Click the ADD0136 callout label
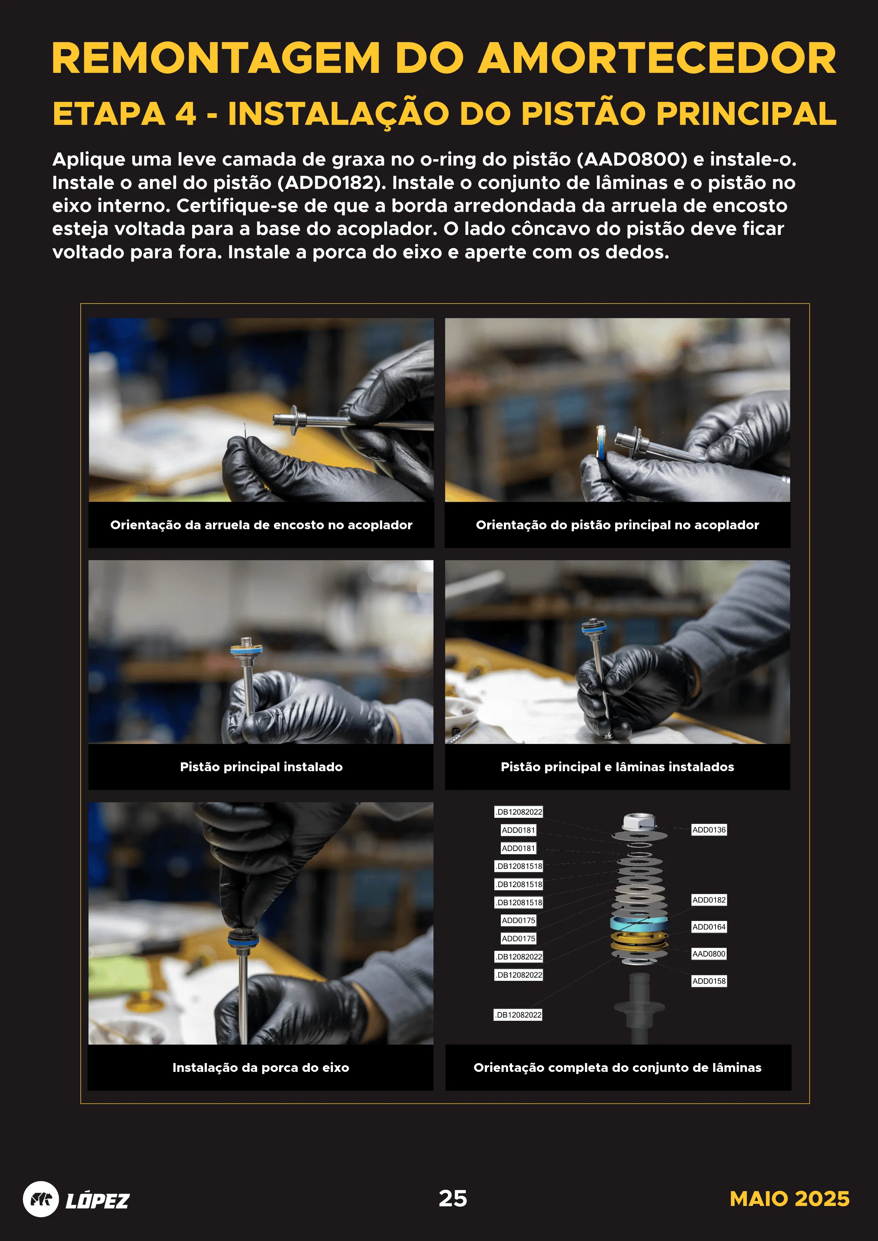coord(709,830)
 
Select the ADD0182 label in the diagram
coord(709,900)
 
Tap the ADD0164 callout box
coord(709,927)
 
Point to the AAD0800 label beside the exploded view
coord(709,954)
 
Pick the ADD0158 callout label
coord(709,981)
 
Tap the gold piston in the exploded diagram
coord(639,941)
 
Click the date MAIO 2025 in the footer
coord(789,1199)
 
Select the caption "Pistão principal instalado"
coord(261,767)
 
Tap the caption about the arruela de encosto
coord(261,525)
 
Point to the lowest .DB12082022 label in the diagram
coord(518,1015)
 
